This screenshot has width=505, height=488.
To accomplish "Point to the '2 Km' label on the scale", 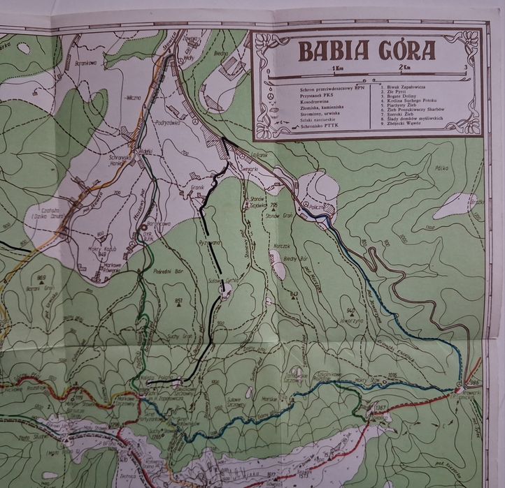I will point(404,68).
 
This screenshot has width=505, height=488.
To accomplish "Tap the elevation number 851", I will point(180,300).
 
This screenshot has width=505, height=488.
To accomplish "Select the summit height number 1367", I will point(381,407).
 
